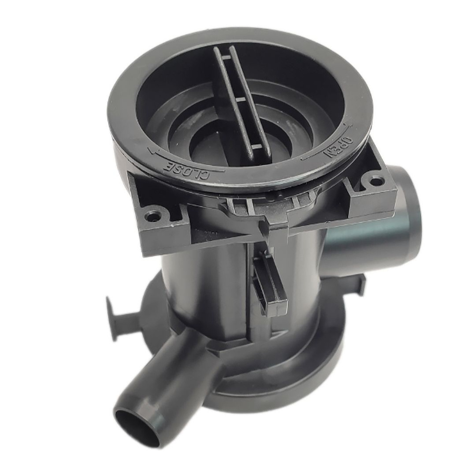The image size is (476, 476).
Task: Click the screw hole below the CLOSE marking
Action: tap(152, 217)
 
